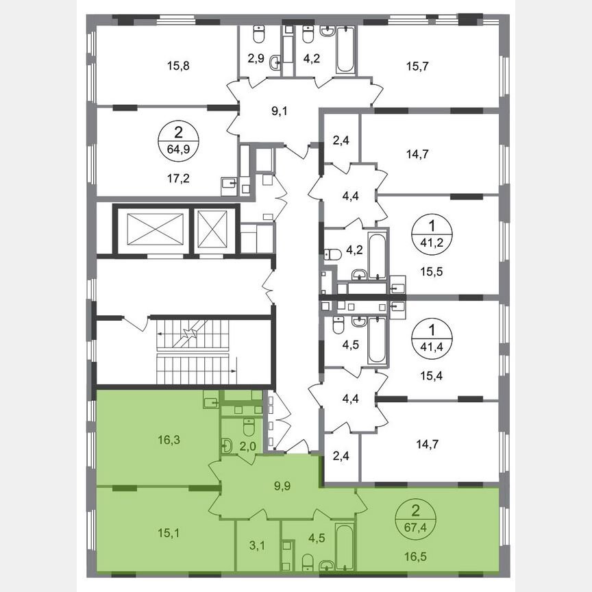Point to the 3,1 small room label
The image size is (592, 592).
coord(258,546)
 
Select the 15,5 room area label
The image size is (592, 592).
coord(410,270)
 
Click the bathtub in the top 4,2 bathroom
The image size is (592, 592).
coord(346,49)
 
